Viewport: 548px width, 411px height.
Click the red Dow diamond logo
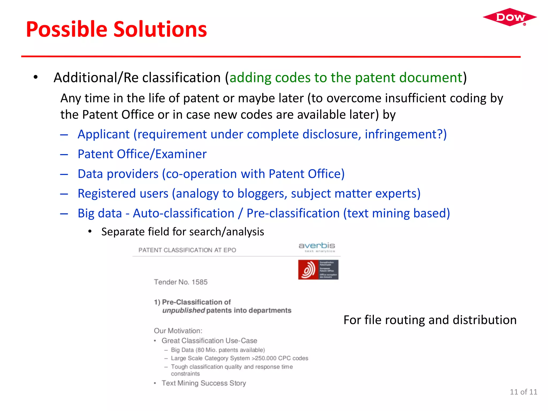click(x=510, y=17)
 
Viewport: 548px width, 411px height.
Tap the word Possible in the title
click(x=67, y=29)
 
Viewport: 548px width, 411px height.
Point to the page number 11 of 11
click(x=523, y=392)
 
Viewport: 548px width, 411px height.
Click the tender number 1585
click(x=199, y=282)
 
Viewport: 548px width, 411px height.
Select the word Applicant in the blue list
click(x=104, y=134)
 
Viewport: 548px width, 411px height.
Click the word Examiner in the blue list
click(x=181, y=154)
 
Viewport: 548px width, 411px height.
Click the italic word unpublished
click(x=184, y=310)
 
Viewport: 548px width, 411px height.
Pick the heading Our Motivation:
click(x=178, y=331)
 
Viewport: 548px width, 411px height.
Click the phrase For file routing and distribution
click(x=430, y=320)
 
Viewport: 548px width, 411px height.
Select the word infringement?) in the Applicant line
click(x=406, y=134)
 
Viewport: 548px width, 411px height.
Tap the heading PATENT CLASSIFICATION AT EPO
click(x=187, y=250)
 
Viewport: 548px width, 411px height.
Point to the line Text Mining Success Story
click(x=204, y=383)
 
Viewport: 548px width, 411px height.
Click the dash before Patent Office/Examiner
click(x=64, y=154)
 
